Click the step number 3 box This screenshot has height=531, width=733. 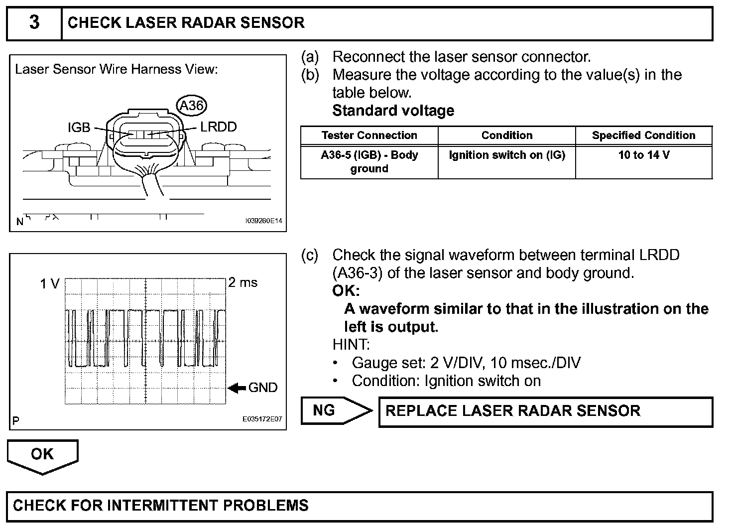pos(34,23)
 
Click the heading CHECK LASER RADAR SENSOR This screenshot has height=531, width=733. pos(186,23)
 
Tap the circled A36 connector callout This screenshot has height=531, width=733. pos(192,105)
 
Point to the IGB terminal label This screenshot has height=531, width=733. pos(79,128)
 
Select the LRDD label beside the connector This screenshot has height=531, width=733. pos(218,127)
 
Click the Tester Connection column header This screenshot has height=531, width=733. pos(369,135)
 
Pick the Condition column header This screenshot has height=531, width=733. pos(506,135)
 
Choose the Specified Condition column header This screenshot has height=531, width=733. pos(643,135)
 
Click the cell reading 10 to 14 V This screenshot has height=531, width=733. pos(643,155)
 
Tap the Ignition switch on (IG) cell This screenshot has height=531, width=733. pos(506,155)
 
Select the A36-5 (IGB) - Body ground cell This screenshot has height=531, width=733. pos(369,161)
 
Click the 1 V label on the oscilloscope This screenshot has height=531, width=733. pos(50,284)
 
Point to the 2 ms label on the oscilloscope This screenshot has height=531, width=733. pos(243,282)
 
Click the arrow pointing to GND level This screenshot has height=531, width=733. pos(237,388)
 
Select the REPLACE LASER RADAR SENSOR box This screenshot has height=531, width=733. pos(545,411)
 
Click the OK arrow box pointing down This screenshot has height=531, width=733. pos(42,455)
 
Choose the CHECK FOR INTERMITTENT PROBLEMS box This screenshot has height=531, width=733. pos(360,506)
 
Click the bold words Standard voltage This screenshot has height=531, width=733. pos(393,111)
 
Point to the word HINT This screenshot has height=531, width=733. pos(351,344)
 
